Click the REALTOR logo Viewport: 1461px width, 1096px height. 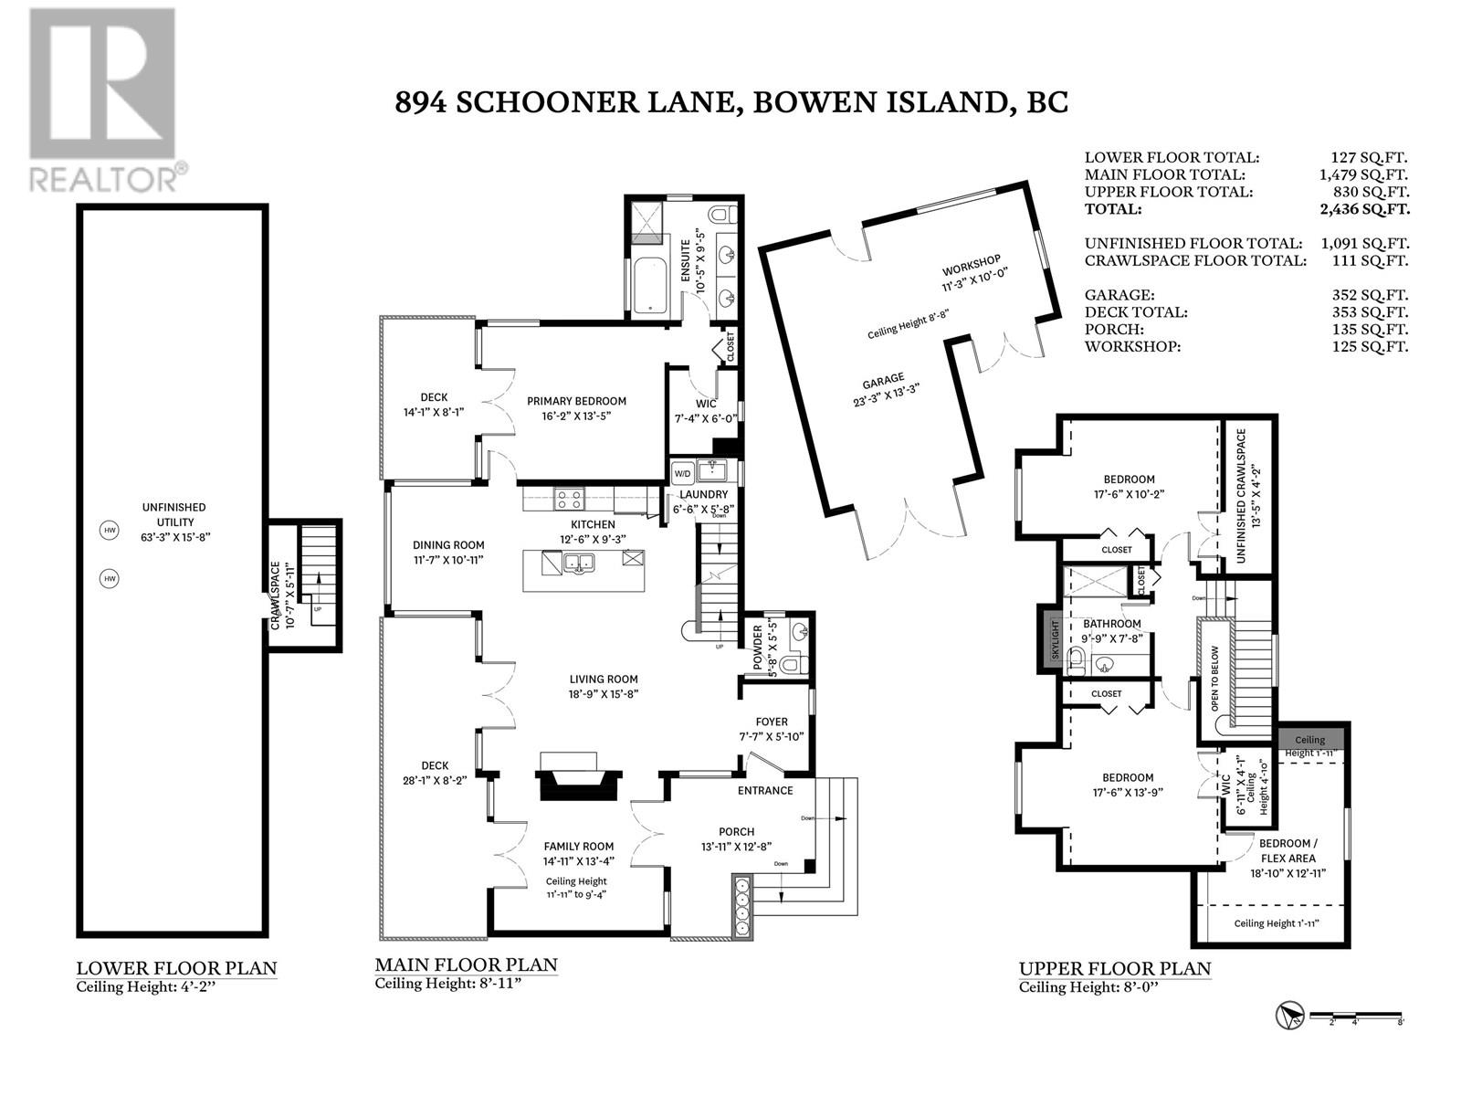tap(107, 100)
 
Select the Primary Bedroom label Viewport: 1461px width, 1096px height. tap(576, 408)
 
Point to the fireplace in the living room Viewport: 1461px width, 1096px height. tap(578, 777)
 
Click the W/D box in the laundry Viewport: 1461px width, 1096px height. tap(682, 474)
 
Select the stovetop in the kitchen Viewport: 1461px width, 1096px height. tap(569, 500)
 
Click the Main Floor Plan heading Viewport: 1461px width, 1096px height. tap(466, 964)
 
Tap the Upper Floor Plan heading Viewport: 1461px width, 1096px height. tap(1115, 969)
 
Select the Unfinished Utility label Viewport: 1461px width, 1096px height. tap(174, 514)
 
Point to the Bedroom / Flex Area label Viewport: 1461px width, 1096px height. tap(1288, 850)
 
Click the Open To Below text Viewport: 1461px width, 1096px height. tap(1214, 678)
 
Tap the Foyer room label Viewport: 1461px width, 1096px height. tap(772, 722)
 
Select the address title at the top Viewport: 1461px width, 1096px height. tap(731, 102)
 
